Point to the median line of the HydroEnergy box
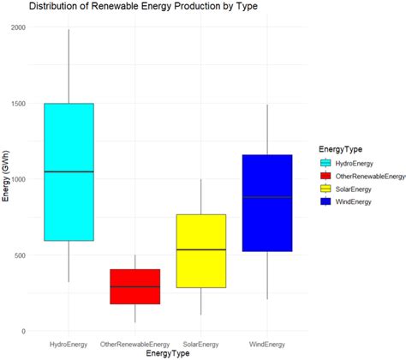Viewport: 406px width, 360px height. point(68,171)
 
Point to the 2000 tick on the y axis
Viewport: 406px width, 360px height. point(21,27)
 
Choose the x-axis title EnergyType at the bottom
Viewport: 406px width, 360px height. point(168,352)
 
